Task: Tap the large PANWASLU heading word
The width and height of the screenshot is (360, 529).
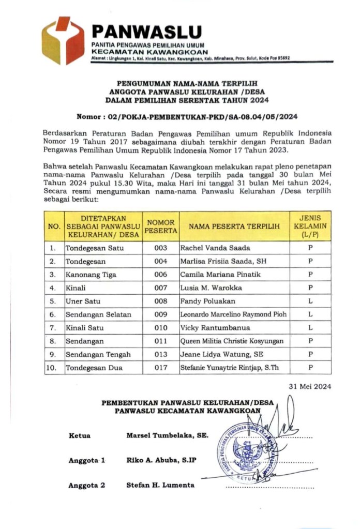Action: [x=146, y=32]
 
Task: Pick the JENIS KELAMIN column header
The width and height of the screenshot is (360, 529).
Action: [x=310, y=226]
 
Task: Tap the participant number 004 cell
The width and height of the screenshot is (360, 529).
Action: [x=161, y=261]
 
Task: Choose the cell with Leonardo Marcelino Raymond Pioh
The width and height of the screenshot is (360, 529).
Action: [x=233, y=314]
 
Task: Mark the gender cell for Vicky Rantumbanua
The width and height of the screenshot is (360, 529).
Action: [x=310, y=328]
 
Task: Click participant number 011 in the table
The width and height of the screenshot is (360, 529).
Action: [x=161, y=341]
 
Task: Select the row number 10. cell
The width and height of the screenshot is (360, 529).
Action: [x=53, y=368]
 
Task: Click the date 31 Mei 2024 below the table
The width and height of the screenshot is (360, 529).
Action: [x=310, y=386]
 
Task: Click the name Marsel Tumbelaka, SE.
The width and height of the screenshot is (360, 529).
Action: [x=168, y=435]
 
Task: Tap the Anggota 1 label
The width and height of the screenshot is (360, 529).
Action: [x=87, y=460]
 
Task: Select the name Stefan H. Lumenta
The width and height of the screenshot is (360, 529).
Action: [x=160, y=485]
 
